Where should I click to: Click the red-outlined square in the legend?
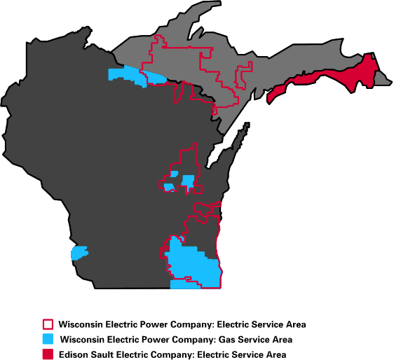tap(48, 325)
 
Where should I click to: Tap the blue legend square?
tap(48, 340)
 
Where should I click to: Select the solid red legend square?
tap(48, 354)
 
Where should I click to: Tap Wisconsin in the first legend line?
tap(82, 325)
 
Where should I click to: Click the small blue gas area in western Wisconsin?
tap(79, 252)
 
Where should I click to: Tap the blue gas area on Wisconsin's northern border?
tap(129, 76)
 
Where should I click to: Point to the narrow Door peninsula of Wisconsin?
tap(238, 140)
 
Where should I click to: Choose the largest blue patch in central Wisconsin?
tap(188, 181)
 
